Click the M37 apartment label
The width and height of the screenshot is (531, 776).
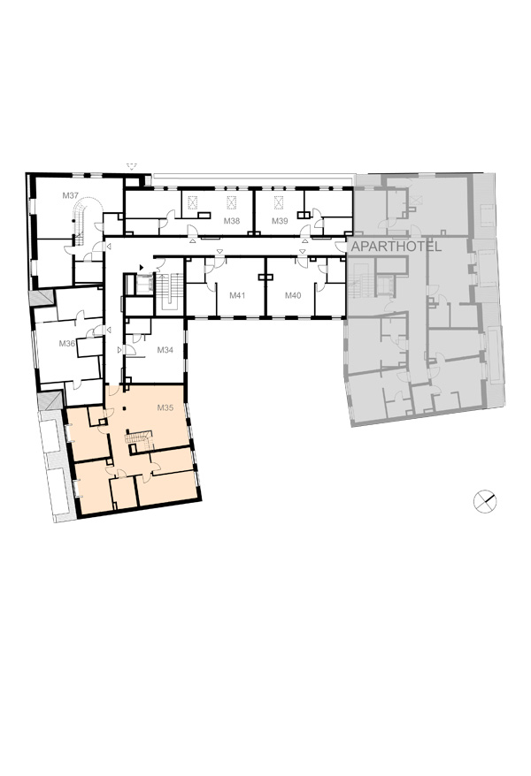coord(70,195)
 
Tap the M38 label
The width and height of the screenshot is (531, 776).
coord(231,221)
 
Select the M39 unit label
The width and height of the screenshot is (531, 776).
coord(280,221)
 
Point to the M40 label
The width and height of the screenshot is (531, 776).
coord(293,295)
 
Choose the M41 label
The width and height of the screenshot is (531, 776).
coord(237,295)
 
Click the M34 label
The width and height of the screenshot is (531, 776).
coord(165,350)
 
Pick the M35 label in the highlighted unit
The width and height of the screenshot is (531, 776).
coord(165,407)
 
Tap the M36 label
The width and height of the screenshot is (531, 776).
coord(67,343)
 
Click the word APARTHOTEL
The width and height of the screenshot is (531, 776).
coord(396,247)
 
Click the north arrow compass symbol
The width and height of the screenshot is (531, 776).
coord(484,501)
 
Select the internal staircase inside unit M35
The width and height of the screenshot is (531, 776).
coord(139,440)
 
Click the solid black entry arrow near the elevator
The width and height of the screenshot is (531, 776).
coord(142,267)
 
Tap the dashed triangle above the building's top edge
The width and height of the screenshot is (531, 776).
coord(131,166)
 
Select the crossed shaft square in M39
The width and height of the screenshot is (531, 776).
coord(280,202)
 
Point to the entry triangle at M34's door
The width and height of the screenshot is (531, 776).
coord(119,350)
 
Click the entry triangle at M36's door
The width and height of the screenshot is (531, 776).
coord(109,329)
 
